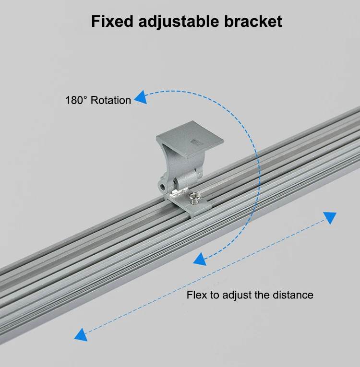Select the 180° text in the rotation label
(77, 100)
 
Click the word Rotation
(110, 100)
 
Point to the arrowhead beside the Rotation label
(140, 98)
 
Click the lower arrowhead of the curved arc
(199, 260)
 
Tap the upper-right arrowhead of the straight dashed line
(330, 218)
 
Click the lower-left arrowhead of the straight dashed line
(81, 334)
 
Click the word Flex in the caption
(196, 295)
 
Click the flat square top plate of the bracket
(192, 139)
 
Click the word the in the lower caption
(262, 295)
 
